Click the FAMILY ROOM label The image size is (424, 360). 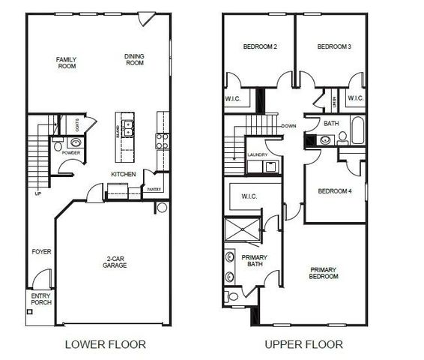[67, 63]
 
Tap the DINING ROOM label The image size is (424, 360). [134, 59]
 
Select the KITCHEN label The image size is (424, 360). [123, 173]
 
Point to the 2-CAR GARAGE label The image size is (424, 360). [115, 262]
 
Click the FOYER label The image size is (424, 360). [42, 252]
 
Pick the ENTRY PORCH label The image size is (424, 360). [40, 300]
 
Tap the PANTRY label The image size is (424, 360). [154, 190]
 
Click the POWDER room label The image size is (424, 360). [71, 153]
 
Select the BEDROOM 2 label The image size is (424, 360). [260, 47]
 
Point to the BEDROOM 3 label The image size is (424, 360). [334, 47]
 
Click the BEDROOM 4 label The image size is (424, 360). [335, 190]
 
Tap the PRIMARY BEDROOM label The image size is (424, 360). [323, 273]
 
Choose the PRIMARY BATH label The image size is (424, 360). [254, 261]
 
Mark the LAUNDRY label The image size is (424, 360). [257, 154]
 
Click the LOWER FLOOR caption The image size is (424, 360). [105, 345]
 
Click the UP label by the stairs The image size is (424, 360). [38, 193]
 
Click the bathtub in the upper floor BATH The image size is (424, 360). [357, 131]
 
